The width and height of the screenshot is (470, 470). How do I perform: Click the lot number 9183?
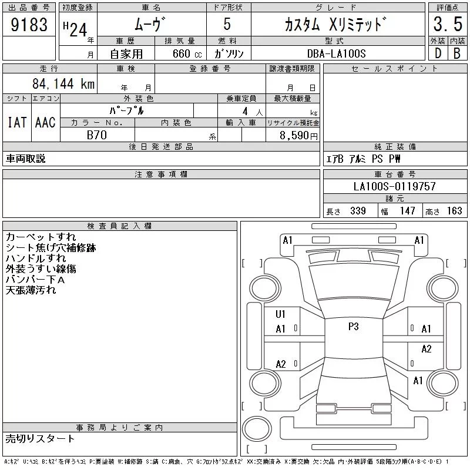[x=29, y=25]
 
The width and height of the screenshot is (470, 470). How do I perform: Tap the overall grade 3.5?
[x=448, y=24]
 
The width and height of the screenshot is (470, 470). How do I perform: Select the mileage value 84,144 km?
[x=63, y=83]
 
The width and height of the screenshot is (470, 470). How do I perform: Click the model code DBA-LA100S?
[x=336, y=53]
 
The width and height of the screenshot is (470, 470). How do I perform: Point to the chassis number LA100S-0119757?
[x=394, y=186]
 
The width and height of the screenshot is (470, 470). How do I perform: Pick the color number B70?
[x=97, y=135]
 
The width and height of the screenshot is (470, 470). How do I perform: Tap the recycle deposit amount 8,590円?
[x=298, y=136]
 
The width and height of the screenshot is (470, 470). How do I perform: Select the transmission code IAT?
[x=17, y=123]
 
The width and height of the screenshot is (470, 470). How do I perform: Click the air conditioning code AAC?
[x=45, y=123]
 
